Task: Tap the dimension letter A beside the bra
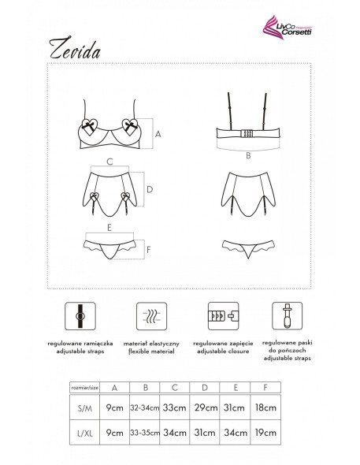[x=158, y=134]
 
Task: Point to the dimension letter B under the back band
[x=247, y=156]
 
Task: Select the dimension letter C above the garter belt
[x=109, y=162]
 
